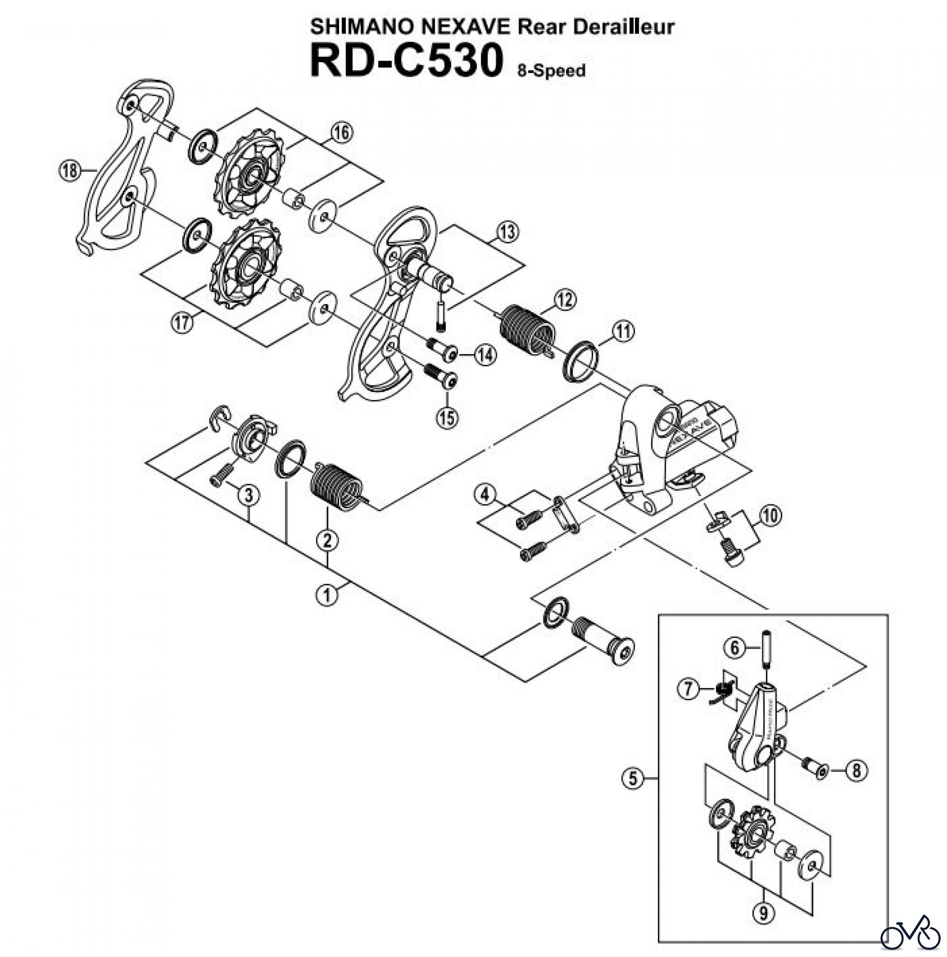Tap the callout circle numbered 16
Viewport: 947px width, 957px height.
click(x=342, y=132)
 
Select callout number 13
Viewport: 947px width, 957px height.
click(x=507, y=232)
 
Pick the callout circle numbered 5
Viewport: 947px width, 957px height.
click(x=632, y=794)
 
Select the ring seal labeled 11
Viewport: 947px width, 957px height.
click(x=580, y=362)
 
